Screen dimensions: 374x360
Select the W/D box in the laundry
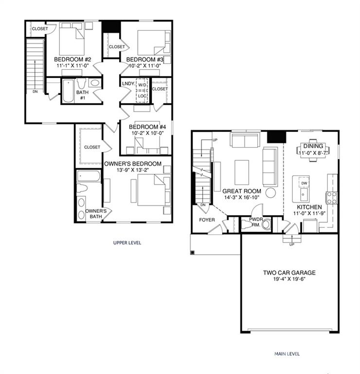(x=142, y=85)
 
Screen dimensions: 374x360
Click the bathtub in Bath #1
(x=68, y=91)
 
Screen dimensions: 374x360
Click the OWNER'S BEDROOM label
(x=133, y=164)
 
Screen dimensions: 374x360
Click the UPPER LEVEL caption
(x=127, y=243)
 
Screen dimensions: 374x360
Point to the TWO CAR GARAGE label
(x=289, y=273)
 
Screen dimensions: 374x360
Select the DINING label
(x=313, y=146)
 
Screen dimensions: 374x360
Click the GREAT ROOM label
(x=241, y=191)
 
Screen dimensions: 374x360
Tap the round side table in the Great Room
(x=271, y=192)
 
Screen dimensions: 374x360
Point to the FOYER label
(x=206, y=220)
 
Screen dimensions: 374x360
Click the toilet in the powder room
(x=247, y=224)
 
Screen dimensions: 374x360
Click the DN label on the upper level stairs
(x=35, y=91)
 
